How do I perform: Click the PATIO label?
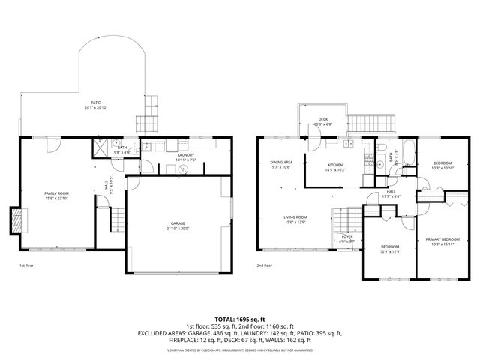(96, 105)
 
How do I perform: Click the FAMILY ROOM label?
(56, 195)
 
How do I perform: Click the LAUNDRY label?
(185, 157)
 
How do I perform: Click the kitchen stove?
(368, 158)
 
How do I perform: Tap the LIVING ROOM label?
(295, 219)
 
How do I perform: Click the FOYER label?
(346, 238)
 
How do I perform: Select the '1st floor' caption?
(26, 265)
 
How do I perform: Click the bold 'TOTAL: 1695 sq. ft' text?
(240, 319)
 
